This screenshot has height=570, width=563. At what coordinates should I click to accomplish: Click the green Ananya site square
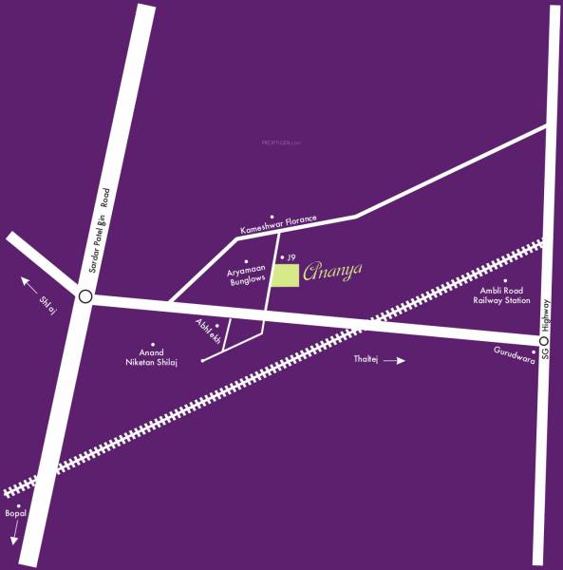(x=286, y=275)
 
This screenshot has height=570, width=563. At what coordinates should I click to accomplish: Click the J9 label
(x=292, y=257)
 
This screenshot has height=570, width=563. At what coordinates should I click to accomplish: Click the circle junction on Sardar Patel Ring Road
(x=85, y=296)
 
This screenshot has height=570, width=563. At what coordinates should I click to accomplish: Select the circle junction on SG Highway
(x=544, y=340)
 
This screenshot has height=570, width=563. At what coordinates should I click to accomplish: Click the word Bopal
(x=15, y=514)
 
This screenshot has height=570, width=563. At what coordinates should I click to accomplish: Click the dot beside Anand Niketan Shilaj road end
(x=203, y=361)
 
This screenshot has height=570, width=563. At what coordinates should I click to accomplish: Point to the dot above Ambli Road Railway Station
(x=504, y=280)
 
